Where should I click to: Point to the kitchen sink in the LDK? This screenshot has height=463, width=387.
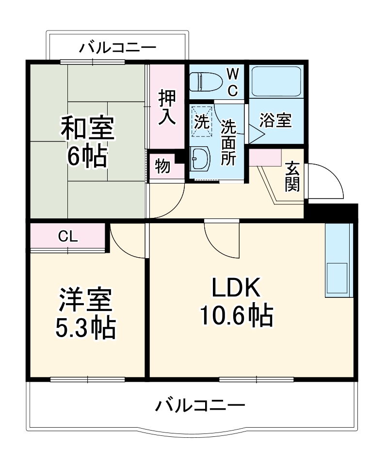coord(338,277)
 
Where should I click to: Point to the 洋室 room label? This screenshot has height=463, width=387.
coord(86,301)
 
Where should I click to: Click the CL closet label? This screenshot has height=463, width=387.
coord(67,236)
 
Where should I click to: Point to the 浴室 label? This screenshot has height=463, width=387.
coord(275,120)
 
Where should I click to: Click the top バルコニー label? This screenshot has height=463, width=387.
coord(118,47)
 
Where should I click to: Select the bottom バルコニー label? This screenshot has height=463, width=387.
coord(200,404)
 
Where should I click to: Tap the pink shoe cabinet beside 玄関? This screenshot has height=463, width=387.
coord(265,157)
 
